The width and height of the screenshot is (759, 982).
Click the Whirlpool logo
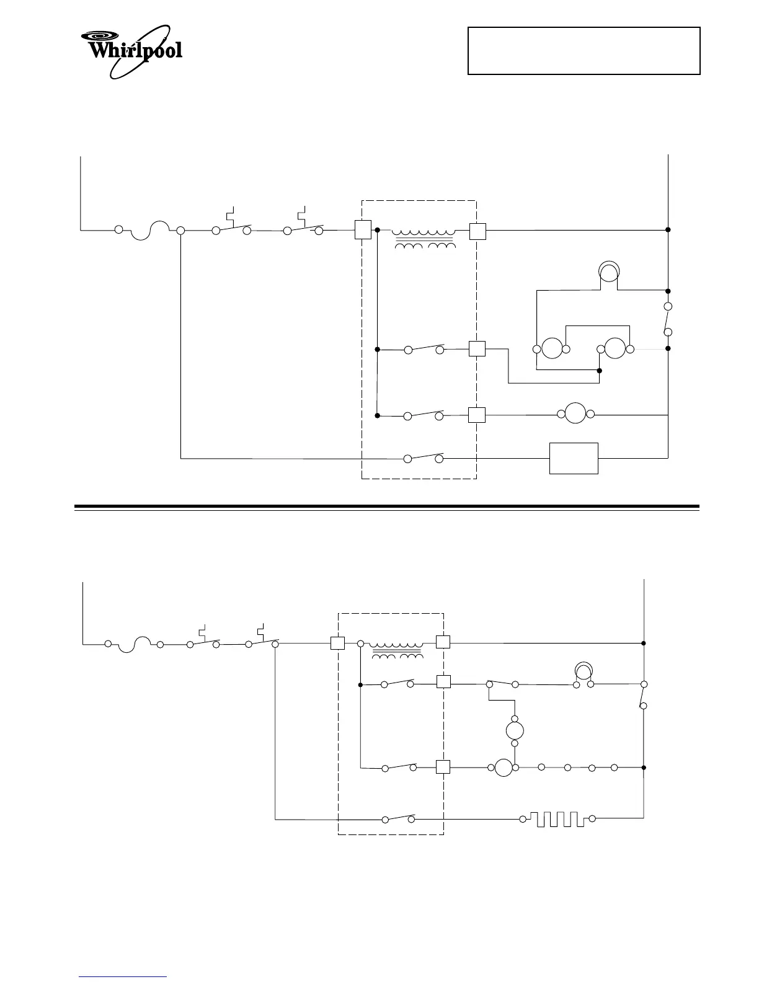132,50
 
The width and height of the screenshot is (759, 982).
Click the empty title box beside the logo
584,50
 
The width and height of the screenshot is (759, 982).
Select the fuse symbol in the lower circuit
134,644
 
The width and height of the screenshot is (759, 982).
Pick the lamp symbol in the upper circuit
608,271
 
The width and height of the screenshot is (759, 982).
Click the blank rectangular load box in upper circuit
574,458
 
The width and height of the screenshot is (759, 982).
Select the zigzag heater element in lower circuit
557,819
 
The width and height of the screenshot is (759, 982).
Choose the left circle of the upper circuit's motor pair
551,348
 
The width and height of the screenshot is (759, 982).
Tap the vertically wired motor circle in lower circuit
515,729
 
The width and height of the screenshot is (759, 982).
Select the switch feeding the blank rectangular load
424,458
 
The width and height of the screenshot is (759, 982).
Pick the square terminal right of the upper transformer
477,231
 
